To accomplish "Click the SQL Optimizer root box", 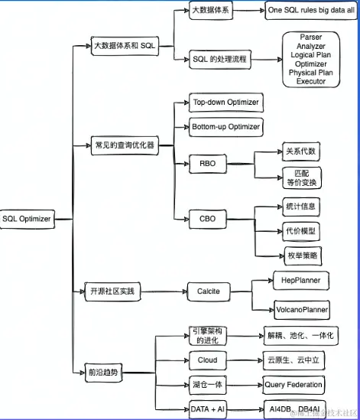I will pos(27,219).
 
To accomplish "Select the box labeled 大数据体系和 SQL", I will pos(123,46).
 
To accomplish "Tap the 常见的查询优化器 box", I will pos(124,144).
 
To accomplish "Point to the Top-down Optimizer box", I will pos(225,103).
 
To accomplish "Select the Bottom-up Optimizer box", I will pos(225,127).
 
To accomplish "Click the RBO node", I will pos(208,163).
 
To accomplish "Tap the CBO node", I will pos(208,219).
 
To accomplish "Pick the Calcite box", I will pos(209,291).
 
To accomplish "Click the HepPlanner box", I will pos(300,281).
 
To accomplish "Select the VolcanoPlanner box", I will pos(303,309).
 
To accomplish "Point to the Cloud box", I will pos(207,360).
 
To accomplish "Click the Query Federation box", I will pos(294,384).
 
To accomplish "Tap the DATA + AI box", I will pos(208,409).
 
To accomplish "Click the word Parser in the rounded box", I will pos(310,37).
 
